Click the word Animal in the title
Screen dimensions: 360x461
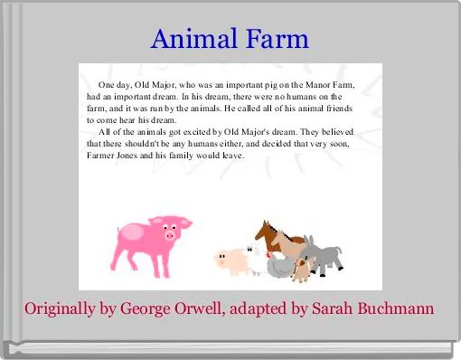point(193,39)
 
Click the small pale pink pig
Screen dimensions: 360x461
point(231,261)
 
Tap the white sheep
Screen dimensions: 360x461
point(257,260)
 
